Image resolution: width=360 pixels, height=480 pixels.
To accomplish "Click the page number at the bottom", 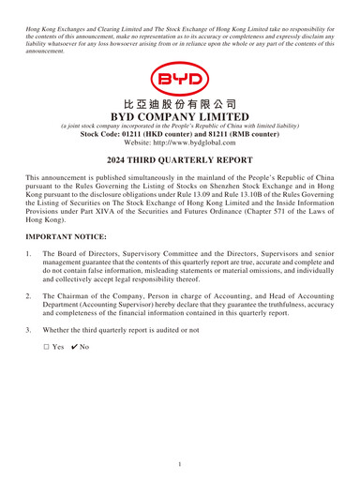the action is [x=180, y=463].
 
